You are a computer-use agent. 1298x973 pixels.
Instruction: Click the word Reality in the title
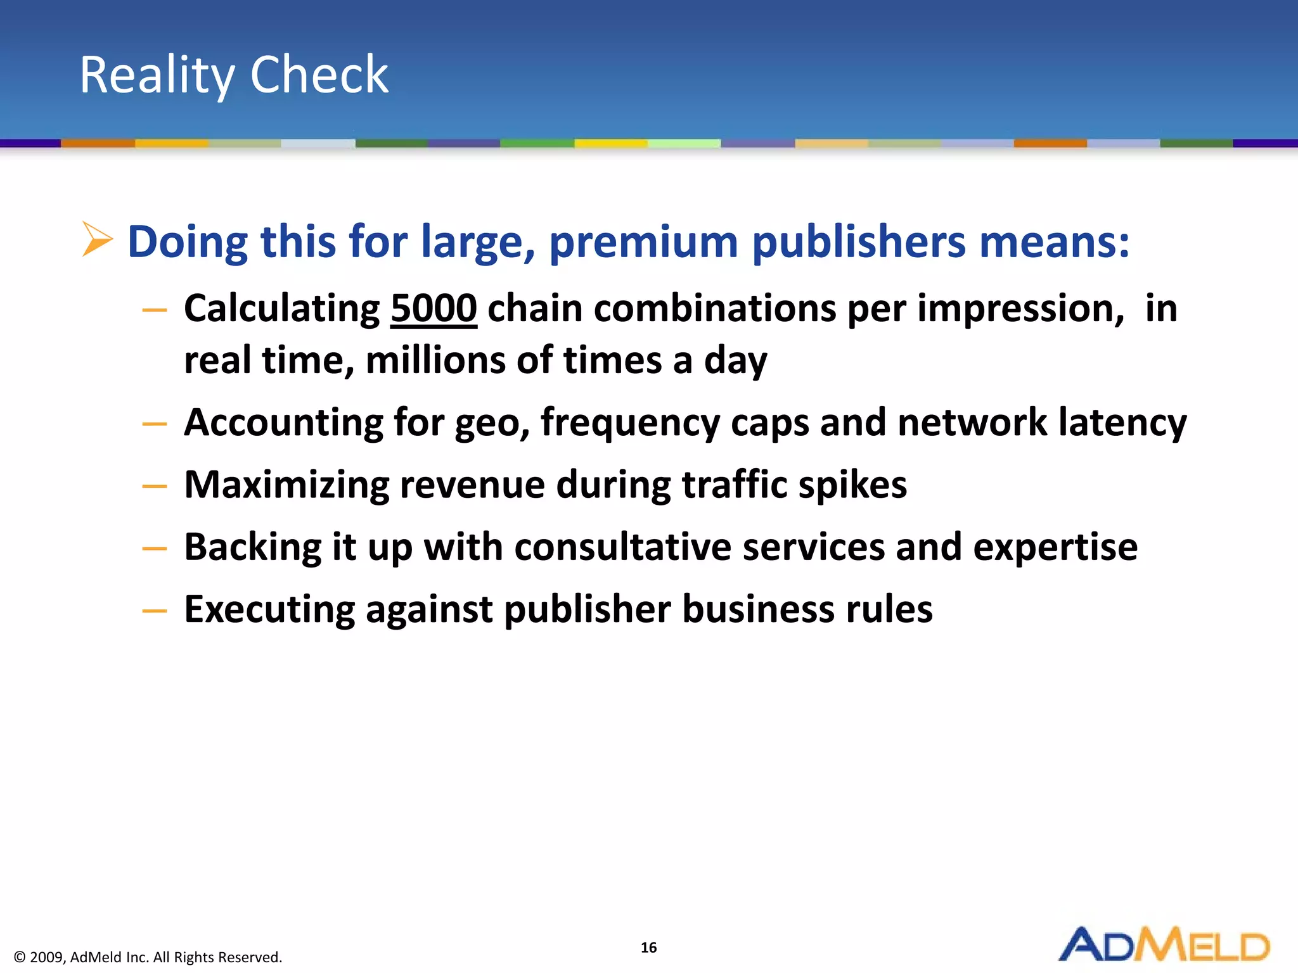(x=157, y=76)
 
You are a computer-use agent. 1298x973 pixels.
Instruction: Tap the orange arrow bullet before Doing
(x=97, y=239)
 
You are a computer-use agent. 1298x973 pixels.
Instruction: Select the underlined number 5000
(x=434, y=308)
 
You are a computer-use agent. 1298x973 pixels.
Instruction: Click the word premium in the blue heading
(x=643, y=242)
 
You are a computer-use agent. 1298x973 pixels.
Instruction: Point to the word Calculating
(x=282, y=309)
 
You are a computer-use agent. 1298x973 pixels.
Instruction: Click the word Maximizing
(x=286, y=485)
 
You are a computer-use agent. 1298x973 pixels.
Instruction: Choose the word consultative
(x=622, y=547)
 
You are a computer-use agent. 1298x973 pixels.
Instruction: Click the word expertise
(x=1055, y=547)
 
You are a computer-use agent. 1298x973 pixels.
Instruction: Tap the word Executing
(x=269, y=609)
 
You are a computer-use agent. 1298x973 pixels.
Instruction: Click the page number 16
(x=648, y=948)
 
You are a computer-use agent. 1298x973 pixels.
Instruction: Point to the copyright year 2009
(x=47, y=957)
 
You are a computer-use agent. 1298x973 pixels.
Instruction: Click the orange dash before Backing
(x=155, y=549)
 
